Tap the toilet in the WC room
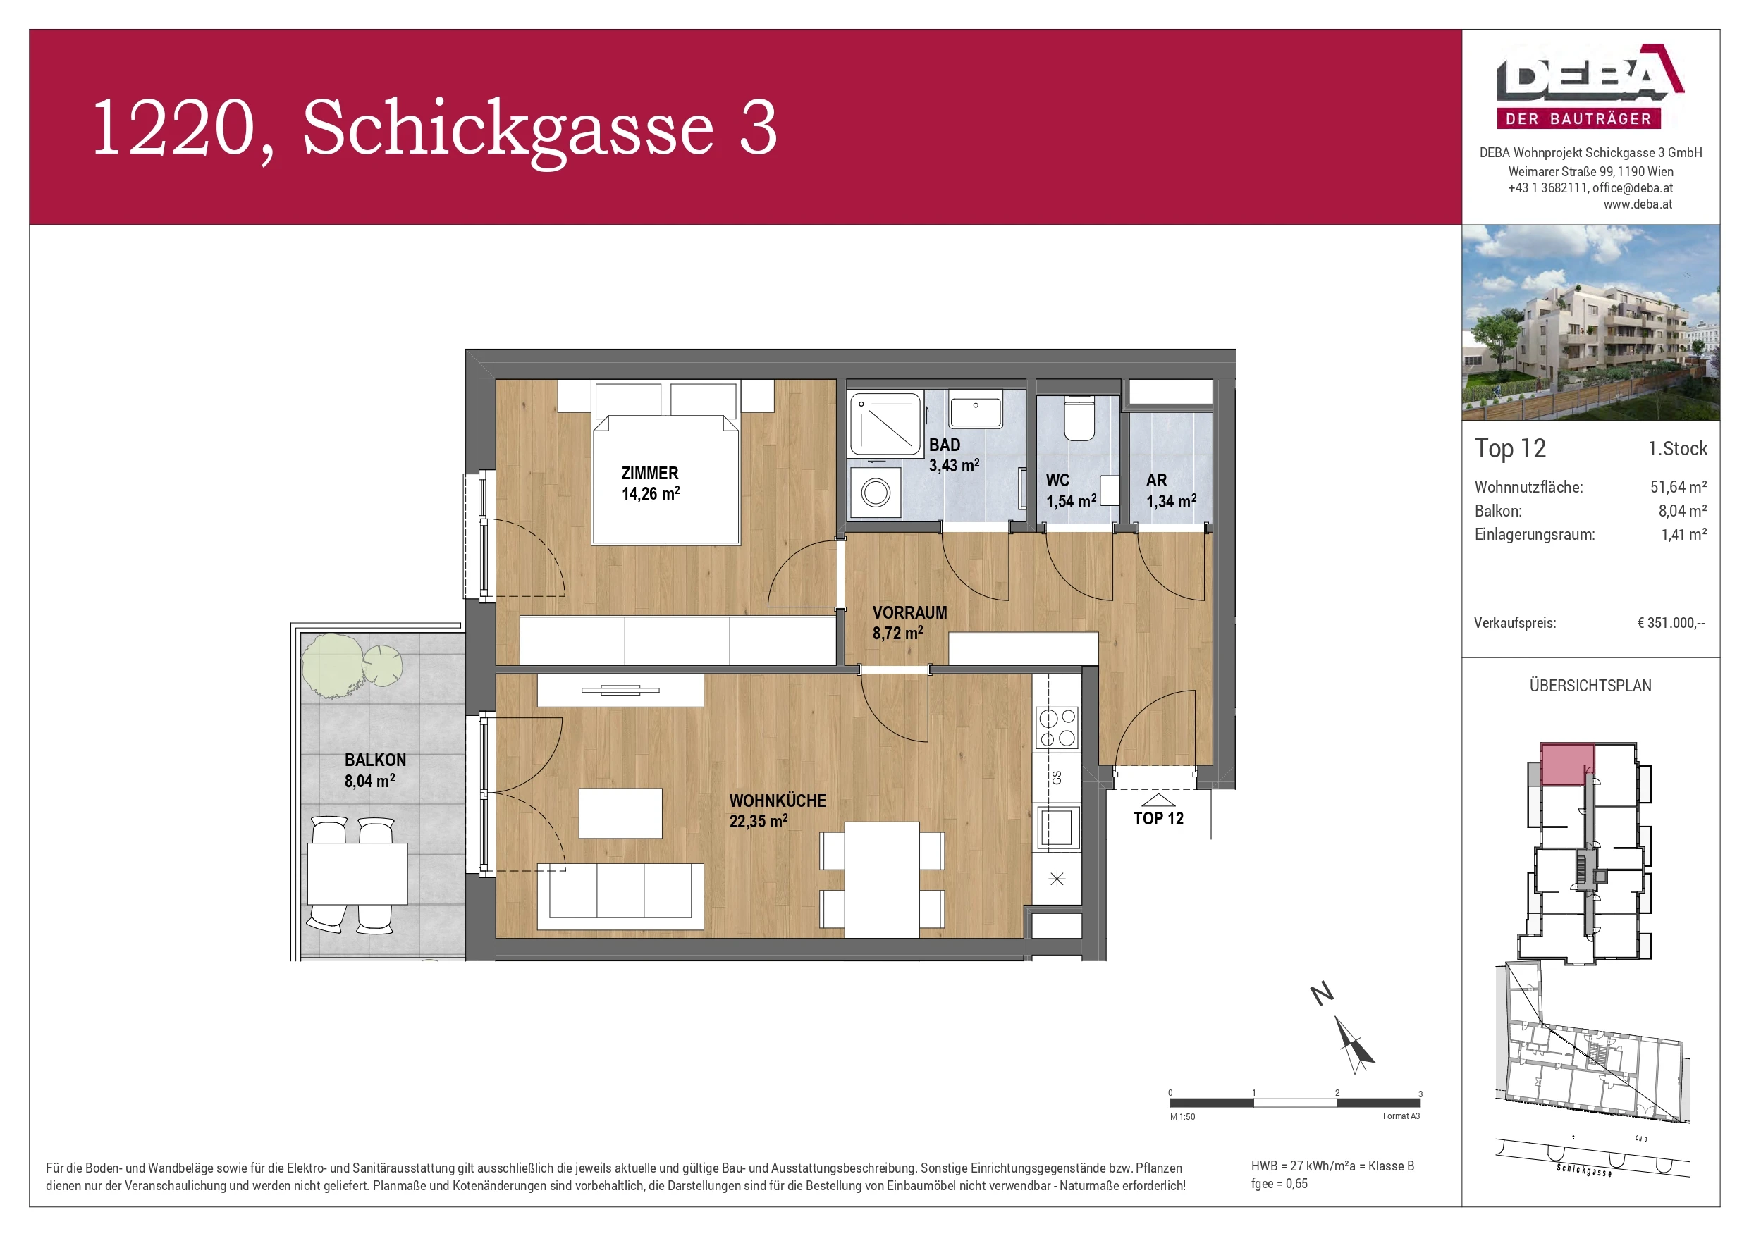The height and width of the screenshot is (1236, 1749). tap(1079, 419)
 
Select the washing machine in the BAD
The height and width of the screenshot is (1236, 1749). tap(876, 493)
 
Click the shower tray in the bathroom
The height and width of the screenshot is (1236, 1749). tap(885, 424)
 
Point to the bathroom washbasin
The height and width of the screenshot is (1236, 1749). tap(976, 412)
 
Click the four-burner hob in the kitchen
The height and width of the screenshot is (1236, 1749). tap(1057, 727)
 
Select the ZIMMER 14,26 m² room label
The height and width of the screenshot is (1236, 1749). tap(650, 483)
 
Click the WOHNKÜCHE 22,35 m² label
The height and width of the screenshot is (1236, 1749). tap(777, 811)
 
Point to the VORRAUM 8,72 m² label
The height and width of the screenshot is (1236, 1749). tap(909, 623)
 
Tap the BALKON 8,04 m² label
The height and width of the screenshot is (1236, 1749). tap(375, 770)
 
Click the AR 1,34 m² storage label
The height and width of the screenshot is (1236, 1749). tap(1170, 491)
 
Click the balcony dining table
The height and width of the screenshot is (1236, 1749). tap(357, 872)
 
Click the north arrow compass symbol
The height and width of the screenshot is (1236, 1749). tap(1353, 1044)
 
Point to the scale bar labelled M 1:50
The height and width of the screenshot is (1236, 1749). tap(1294, 1103)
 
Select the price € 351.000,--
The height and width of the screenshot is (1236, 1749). tap(1671, 623)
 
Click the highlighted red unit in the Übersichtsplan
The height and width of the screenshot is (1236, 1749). tap(1566, 764)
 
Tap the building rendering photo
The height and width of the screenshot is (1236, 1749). tap(1590, 322)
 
